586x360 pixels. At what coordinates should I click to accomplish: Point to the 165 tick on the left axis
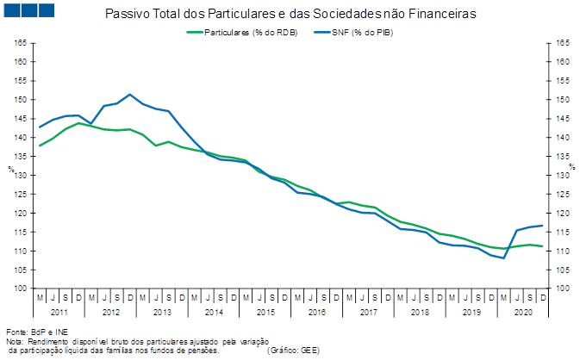(x=21, y=43)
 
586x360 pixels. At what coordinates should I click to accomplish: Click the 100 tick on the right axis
(x=563, y=288)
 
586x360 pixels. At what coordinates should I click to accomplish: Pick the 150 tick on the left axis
(x=21, y=100)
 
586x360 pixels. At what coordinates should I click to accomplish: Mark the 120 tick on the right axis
(x=563, y=214)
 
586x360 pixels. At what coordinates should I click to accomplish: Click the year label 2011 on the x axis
(x=59, y=312)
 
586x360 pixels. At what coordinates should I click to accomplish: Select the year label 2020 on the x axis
(x=523, y=312)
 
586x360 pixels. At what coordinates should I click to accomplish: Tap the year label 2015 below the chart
(x=265, y=312)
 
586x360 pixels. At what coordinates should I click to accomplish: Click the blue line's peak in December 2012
(x=130, y=95)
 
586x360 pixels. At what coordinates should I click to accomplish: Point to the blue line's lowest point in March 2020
(x=504, y=258)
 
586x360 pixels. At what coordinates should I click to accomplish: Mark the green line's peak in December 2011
(x=78, y=123)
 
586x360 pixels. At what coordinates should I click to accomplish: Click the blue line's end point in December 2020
(x=542, y=226)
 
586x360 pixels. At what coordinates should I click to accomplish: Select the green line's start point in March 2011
(x=40, y=146)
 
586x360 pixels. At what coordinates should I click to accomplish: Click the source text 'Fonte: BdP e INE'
(x=37, y=332)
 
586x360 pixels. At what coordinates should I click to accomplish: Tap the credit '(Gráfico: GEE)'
(x=293, y=351)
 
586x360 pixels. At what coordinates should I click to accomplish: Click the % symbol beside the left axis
(x=11, y=169)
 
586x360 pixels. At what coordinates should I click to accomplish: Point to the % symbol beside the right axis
(x=572, y=166)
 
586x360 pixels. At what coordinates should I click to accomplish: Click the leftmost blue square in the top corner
(x=11, y=10)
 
